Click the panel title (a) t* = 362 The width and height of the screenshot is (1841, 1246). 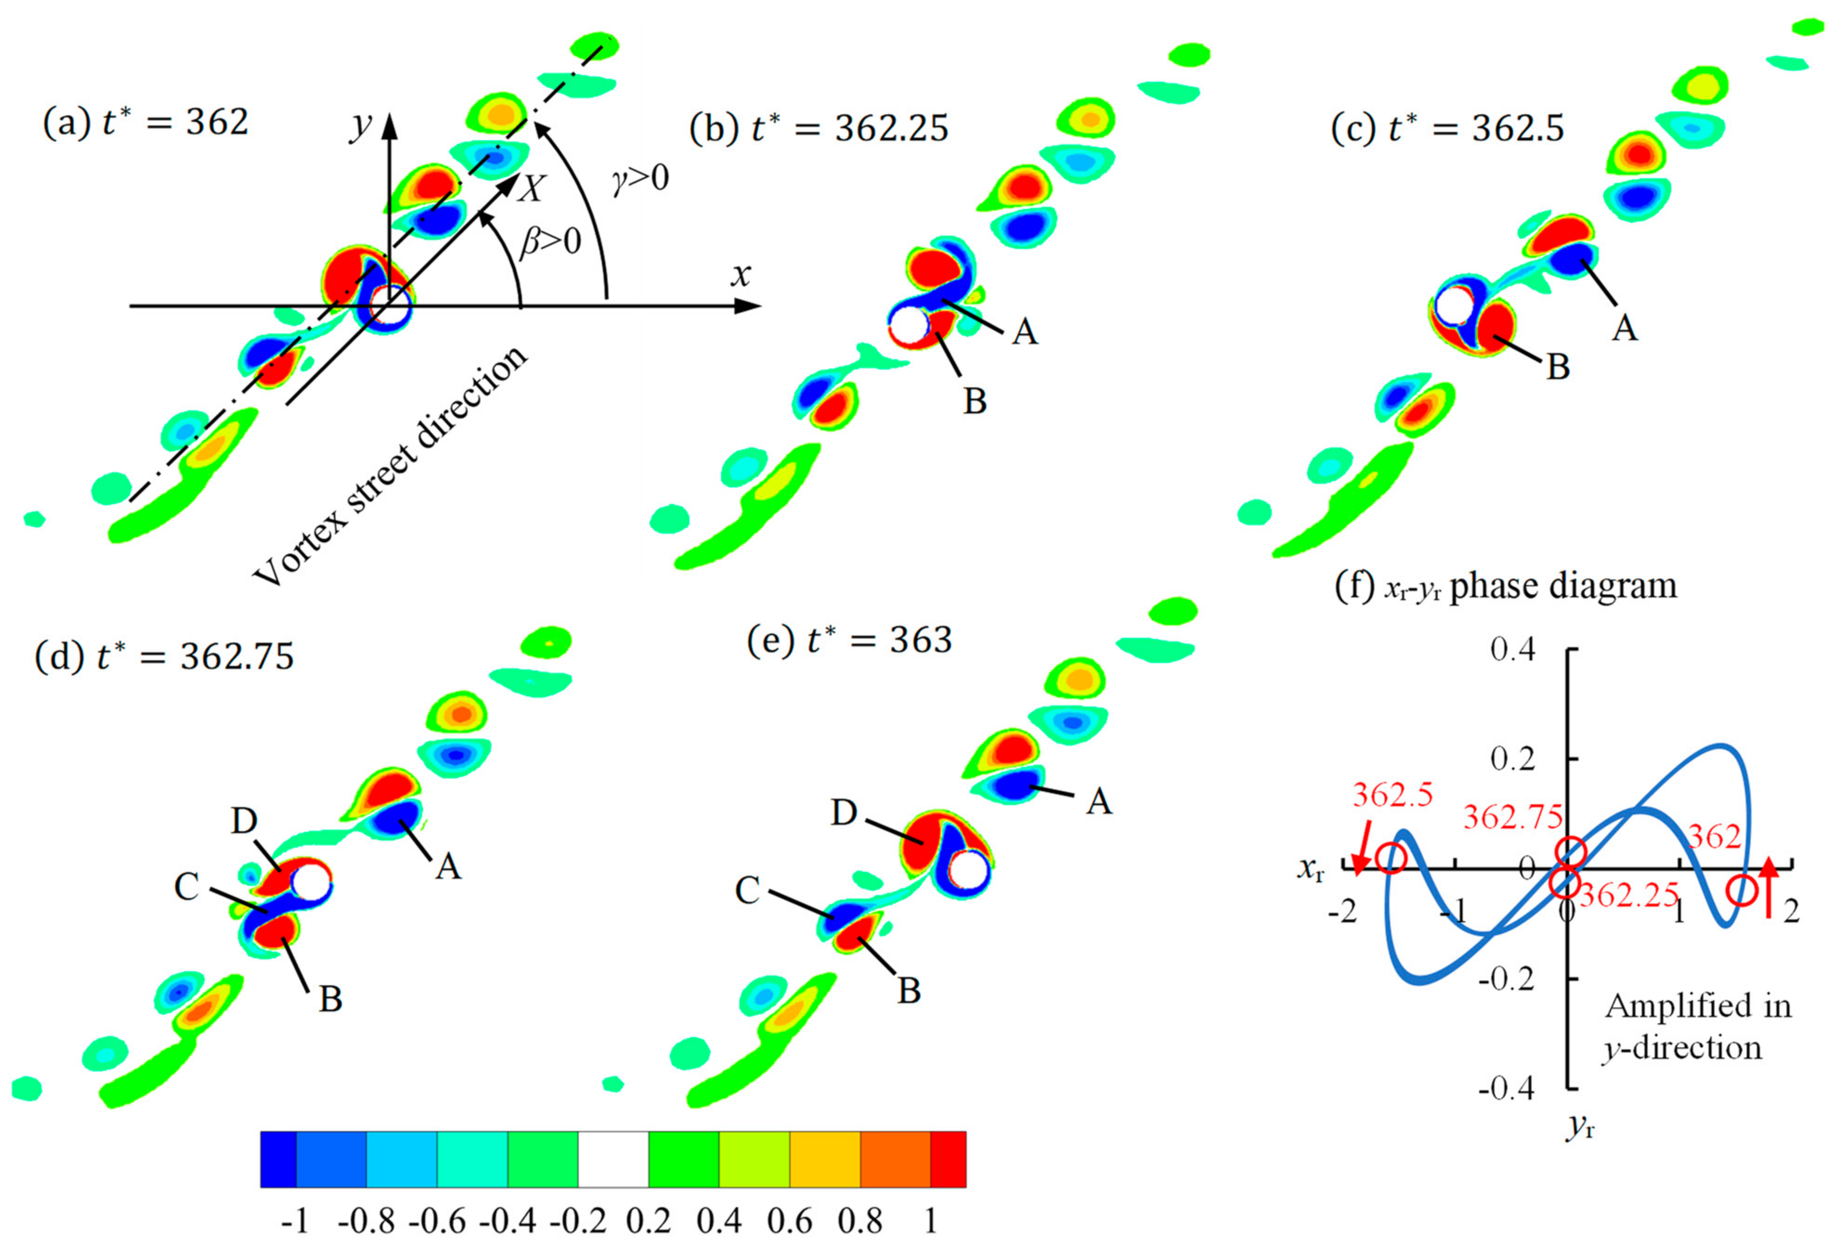coord(145,123)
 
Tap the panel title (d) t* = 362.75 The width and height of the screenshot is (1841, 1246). coord(164,657)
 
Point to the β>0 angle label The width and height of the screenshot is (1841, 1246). coord(550,241)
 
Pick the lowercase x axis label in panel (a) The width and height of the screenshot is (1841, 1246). coord(741,275)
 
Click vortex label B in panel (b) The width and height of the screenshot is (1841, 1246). coord(975,402)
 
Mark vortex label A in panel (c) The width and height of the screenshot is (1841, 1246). coord(1624,327)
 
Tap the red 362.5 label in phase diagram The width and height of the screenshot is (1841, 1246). coord(1392,794)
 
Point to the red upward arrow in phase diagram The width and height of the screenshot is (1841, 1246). coord(1769,887)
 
